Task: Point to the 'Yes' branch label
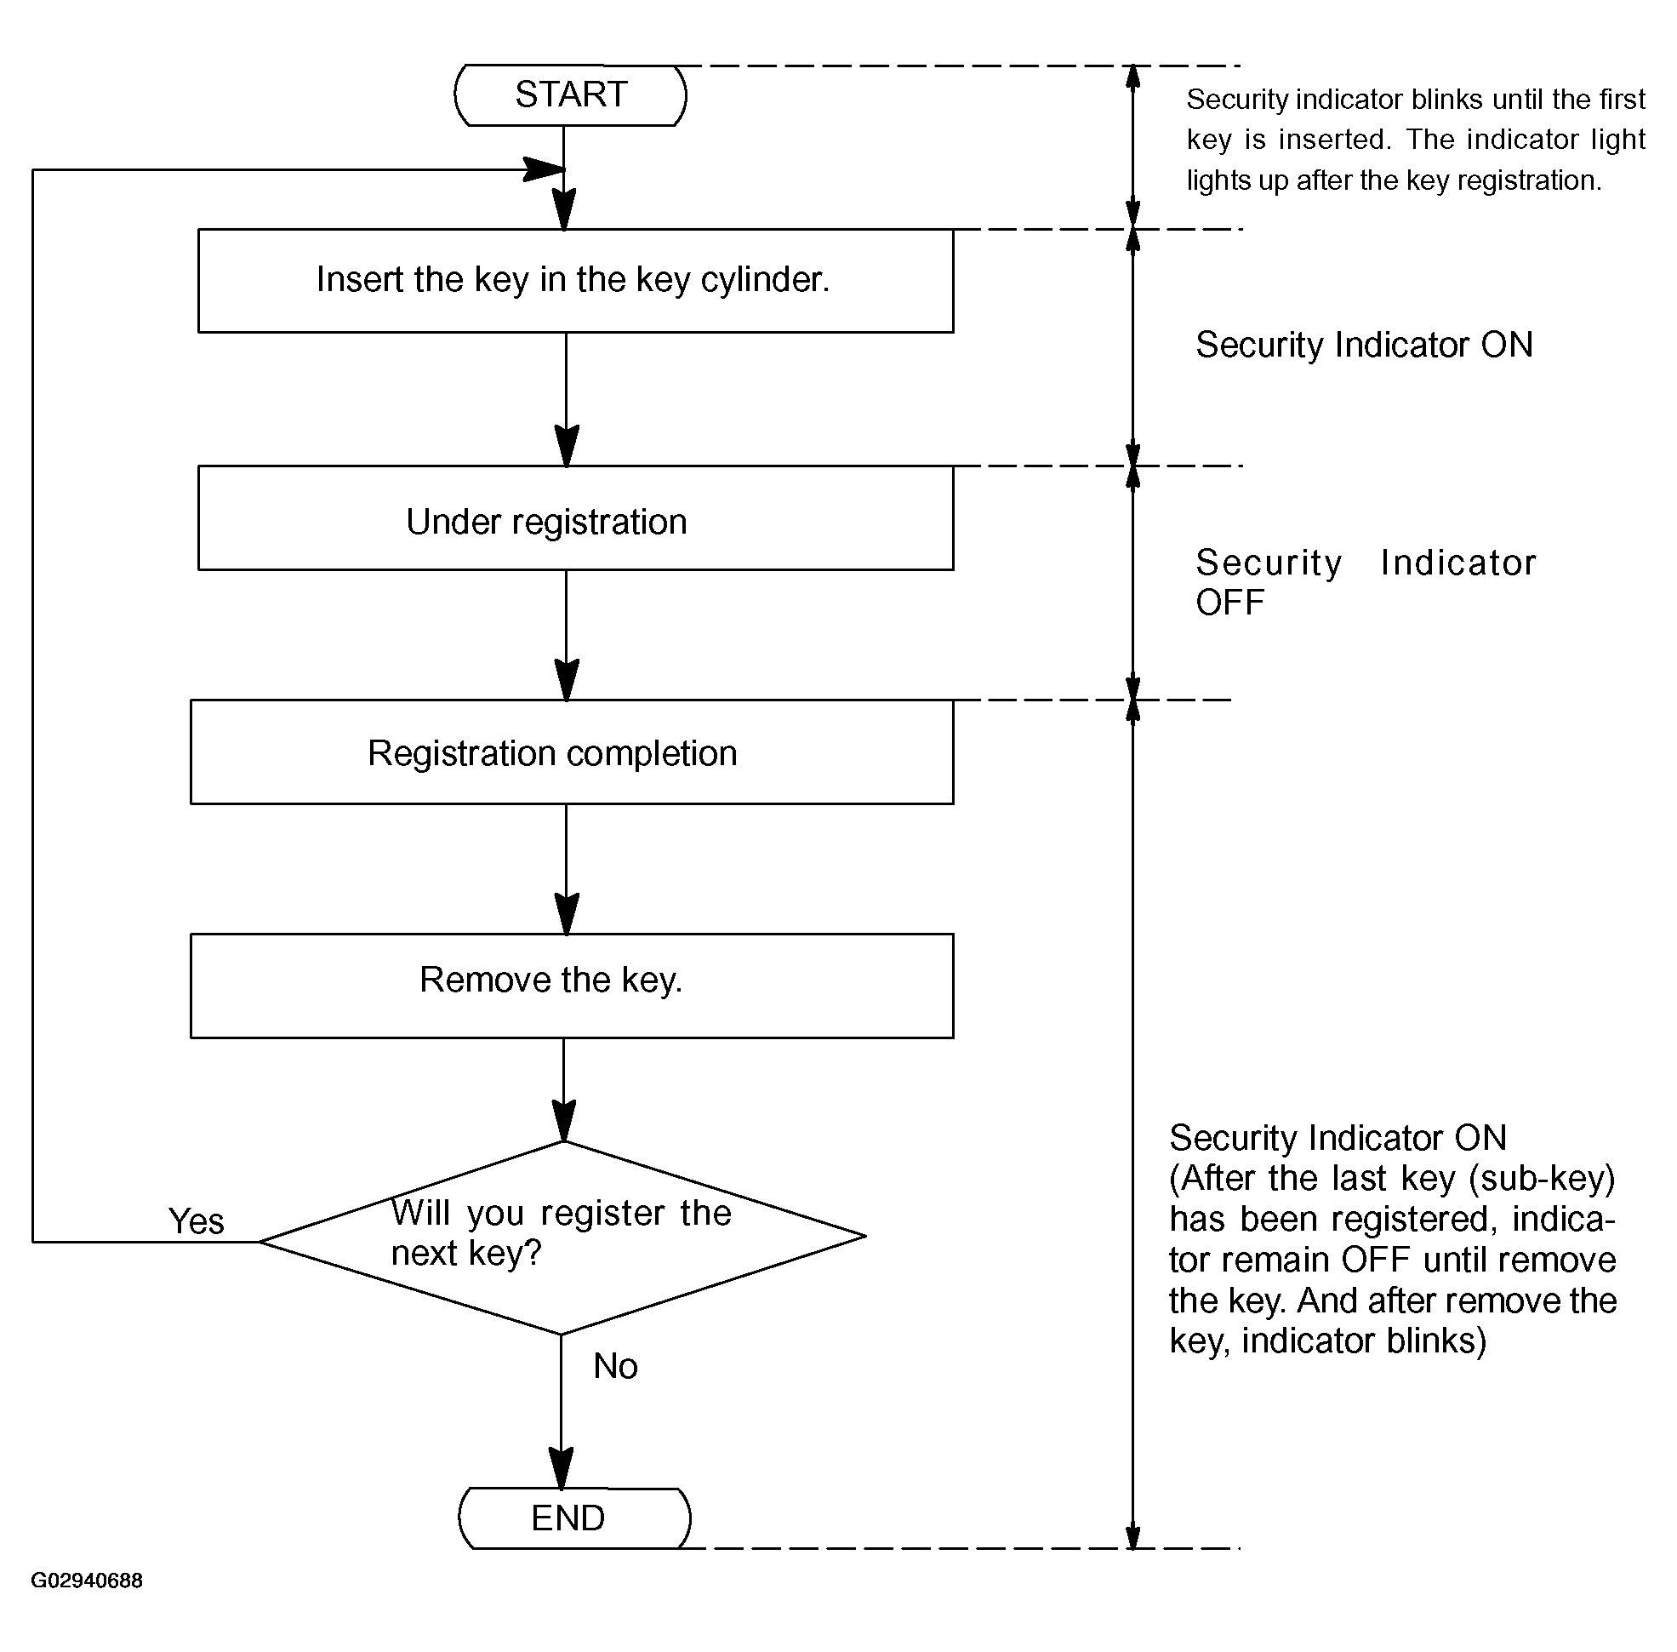(x=196, y=1220)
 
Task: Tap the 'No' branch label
(x=615, y=1366)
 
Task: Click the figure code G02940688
(x=87, y=1580)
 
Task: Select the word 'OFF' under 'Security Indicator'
(x=1229, y=602)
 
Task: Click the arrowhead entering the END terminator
(x=562, y=1468)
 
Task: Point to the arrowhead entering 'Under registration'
(x=567, y=446)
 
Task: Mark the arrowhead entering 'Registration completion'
(x=567, y=679)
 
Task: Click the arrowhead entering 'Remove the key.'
(x=567, y=913)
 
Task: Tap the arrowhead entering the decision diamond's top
(x=564, y=1121)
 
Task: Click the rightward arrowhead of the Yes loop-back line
(x=543, y=170)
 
